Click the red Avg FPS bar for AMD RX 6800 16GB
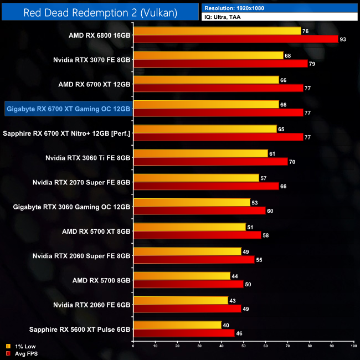click(235, 39)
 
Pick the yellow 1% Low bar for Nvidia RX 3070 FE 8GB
click(208, 55)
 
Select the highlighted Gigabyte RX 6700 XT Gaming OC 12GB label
click(68, 109)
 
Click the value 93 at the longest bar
click(343, 39)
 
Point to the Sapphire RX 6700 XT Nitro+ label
click(66, 133)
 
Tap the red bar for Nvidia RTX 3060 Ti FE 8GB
click(210, 162)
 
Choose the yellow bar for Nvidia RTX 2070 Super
click(196, 178)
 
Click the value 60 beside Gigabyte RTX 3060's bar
click(270, 211)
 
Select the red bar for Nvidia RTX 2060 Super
click(194, 259)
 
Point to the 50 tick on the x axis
click(244, 346)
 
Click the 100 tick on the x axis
click(353, 346)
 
